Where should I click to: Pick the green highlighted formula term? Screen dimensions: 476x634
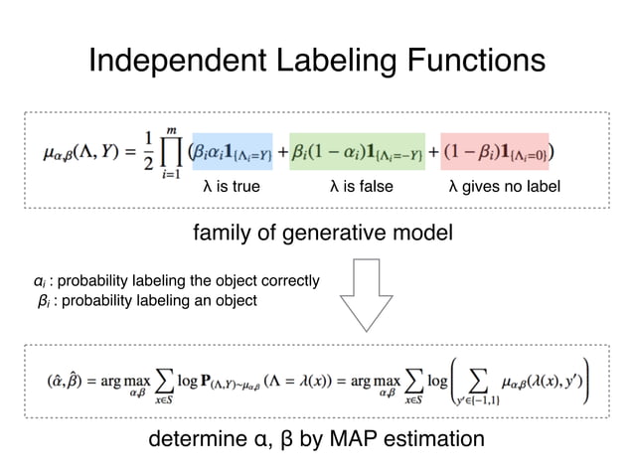point(358,153)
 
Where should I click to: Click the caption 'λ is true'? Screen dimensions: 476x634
point(232,186)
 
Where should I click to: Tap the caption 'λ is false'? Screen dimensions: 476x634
point(360,186)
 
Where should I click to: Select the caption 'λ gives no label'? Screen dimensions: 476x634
point(504,186)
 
